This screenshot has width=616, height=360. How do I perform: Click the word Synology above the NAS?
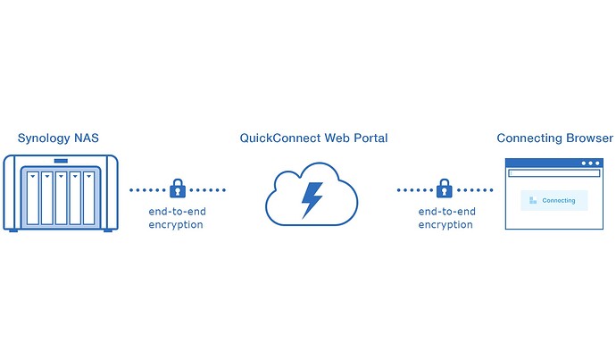pyautogui.click(x=44, y=138)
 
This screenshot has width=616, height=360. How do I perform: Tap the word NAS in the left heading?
pyautogui.click(x=87, y=138)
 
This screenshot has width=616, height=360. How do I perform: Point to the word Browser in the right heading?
pyautogui.click(x=586, y=138)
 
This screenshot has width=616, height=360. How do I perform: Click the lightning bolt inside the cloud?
pyautogui.click(x=312, y=199)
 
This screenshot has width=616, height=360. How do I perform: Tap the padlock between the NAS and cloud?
pyautogui.click(x=178, y=188)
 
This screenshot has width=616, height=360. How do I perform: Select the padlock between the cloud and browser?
pyautogui.click(x=444, y=188)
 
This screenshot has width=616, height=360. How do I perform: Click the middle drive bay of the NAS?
pyautogui.click(x=61, y=196)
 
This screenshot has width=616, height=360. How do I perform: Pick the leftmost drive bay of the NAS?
pyautogui.click(x=34, y=196)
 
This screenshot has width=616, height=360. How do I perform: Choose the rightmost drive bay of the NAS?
pyautogui.click(x=87, y=196)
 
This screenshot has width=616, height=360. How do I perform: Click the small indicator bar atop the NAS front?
pyautogui.click(x=61, y=162)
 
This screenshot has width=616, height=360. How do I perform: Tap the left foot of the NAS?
pyautogui.click(x=12, y=230)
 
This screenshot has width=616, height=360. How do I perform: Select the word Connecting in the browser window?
pyautogui.click(x=559, y=201)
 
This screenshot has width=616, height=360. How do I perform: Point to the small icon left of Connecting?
pyautogui.click(x=533, y=201)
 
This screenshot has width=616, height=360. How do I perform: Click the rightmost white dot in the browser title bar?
pyautogui.click(x=597, y=163)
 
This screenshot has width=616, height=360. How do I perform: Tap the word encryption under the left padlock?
pyautogui.click(x=176, y=225)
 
